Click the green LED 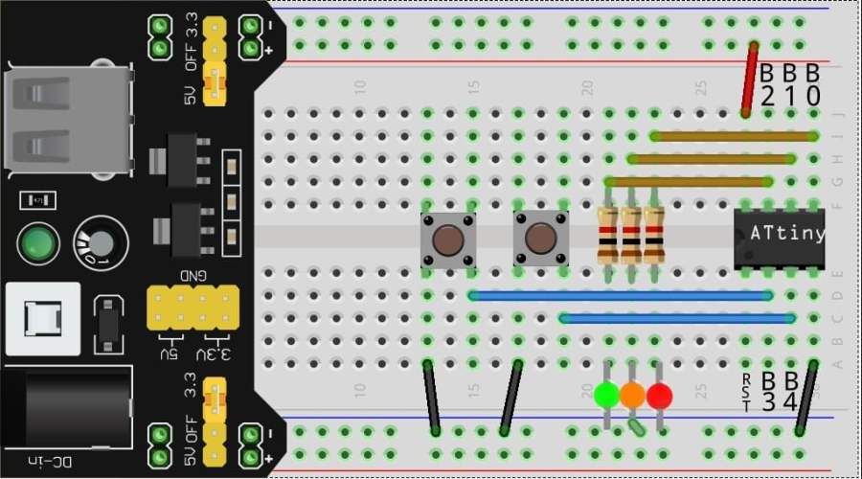(x=605, y=394)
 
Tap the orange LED (x=632, y=394)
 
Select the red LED (x=659, y=394)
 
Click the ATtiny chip (x=779, y=235)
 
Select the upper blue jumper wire (x=621, y=296)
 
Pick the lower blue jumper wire (x=677, y=318)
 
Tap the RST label (x=746, y=394)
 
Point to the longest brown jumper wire (x=733, y=136)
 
